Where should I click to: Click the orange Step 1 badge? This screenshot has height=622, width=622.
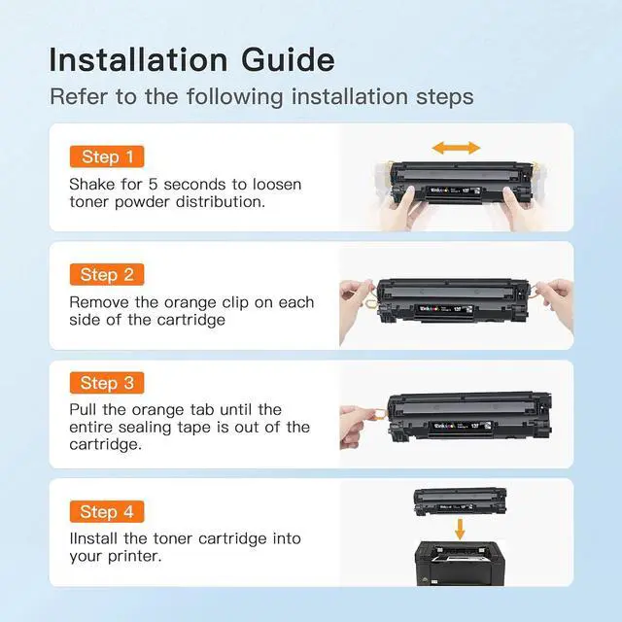click(x=107, y=156)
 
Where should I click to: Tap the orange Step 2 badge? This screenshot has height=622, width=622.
click(x=107, y=274)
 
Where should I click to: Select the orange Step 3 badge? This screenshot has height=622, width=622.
click(x=107, y=383)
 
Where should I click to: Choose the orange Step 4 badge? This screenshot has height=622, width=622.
click(x=107, y=512)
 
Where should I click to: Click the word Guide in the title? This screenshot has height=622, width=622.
click(x=288, y=60)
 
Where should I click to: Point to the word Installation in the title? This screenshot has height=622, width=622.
click(x=138, y=60)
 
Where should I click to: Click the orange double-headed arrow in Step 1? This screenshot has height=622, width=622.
click(x=456, y=148)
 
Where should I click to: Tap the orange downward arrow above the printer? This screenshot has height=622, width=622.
click(x=460, y=529)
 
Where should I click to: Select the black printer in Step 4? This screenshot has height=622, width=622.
click(x=460, y=563)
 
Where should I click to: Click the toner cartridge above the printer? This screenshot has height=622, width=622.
click(x=460, y=501)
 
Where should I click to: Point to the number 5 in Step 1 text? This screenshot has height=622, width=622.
click(x=154, y=185)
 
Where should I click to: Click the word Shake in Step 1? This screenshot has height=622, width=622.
click(x=92, y=185)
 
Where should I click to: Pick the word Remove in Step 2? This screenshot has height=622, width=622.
click(x=99, y=302)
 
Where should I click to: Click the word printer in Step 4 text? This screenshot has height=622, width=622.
click(x=135, y=557)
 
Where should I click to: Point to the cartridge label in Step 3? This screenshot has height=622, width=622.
click(x=462, y=426)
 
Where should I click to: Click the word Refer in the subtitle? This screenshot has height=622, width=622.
click(x=79, y=97)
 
